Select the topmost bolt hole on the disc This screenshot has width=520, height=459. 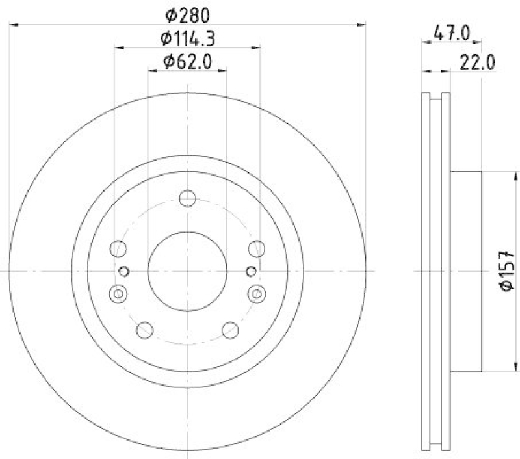click(187, 198)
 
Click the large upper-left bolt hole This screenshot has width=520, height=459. click(118, 248)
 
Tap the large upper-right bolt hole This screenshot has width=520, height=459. click(257, 248)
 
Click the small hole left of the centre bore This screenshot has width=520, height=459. click(125, 270)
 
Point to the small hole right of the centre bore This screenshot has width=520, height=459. click(250, 270)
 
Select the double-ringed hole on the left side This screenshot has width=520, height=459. click(118, 294)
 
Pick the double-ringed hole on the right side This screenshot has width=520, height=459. click(257, 294)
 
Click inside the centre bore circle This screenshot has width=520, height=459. click(187, 270)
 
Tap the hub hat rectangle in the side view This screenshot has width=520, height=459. click(465, 270)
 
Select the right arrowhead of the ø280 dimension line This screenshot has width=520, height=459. click(362, 25)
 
